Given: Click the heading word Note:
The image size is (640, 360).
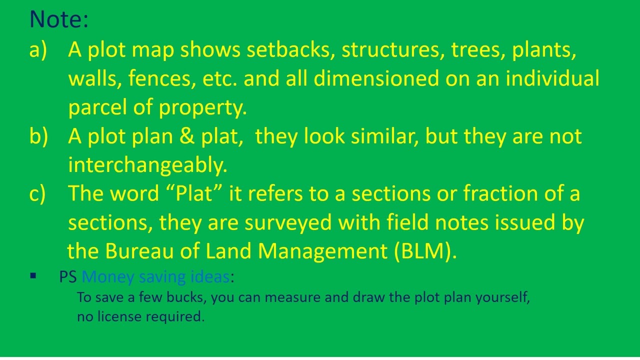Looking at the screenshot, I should pos(59,20).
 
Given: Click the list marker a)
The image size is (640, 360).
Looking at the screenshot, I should pos(38,50).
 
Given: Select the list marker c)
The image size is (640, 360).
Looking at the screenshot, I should pos(38,193).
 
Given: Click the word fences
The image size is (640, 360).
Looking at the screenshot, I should pos(162,79).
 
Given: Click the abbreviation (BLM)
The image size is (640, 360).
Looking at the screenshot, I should pos(425,251).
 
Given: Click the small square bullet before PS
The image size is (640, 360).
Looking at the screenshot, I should pos(33,275).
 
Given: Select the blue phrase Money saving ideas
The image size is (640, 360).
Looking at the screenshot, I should pos(155,276).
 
